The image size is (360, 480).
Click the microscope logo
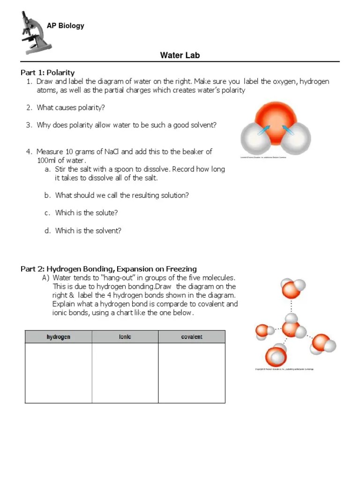35,32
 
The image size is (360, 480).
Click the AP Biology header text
65,26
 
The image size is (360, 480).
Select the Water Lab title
180,55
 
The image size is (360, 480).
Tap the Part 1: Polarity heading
47,73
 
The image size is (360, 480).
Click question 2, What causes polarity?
71,108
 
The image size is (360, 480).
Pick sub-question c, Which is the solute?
86,213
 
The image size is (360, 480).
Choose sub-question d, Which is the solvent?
88,231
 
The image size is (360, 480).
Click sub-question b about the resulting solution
122,195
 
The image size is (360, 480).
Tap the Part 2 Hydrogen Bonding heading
109,269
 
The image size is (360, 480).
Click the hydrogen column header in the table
58,337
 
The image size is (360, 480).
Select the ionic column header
125,337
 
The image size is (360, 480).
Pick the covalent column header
191,337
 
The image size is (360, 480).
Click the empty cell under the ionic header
125,373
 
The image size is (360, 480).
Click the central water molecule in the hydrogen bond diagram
291,329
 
